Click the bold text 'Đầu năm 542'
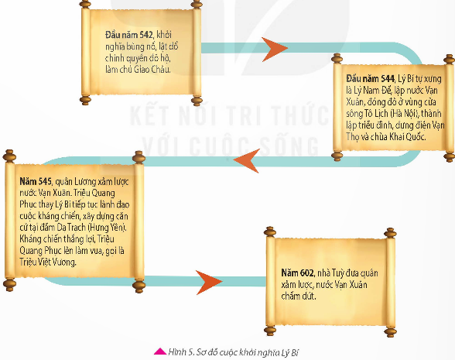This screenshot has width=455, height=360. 128,35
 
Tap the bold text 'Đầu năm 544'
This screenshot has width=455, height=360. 370,78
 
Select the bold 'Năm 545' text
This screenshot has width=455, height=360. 36,181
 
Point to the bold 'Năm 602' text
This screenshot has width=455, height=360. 297,273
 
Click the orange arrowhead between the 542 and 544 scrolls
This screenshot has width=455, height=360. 272,49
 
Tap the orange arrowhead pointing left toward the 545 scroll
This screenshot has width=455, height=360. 247,160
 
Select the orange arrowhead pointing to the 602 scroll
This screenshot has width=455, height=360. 208,282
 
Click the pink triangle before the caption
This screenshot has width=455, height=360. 160,351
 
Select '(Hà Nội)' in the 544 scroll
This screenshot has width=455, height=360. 405,113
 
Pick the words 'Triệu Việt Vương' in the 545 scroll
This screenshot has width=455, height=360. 48,262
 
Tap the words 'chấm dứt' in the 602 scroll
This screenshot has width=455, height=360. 299,296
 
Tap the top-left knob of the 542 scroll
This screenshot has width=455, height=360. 85,4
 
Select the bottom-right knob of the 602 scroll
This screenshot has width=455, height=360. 390,331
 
